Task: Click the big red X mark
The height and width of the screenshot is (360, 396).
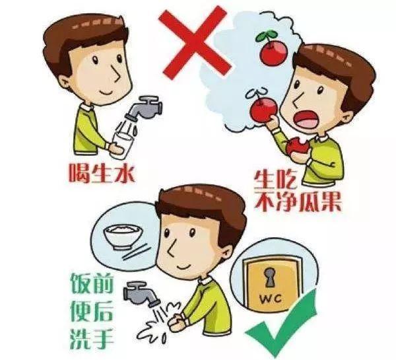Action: tap(195, 42)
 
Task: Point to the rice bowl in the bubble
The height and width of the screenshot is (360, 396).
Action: tap(123, 236)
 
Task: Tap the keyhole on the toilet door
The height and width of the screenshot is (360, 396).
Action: tap(269, 277)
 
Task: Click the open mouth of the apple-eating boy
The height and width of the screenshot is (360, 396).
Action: tap(306, 120)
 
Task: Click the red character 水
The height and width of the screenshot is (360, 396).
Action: tap(125, 173)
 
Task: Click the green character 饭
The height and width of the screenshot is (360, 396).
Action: tap(81, 283)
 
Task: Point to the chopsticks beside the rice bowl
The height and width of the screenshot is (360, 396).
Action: tap(135, 252)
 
